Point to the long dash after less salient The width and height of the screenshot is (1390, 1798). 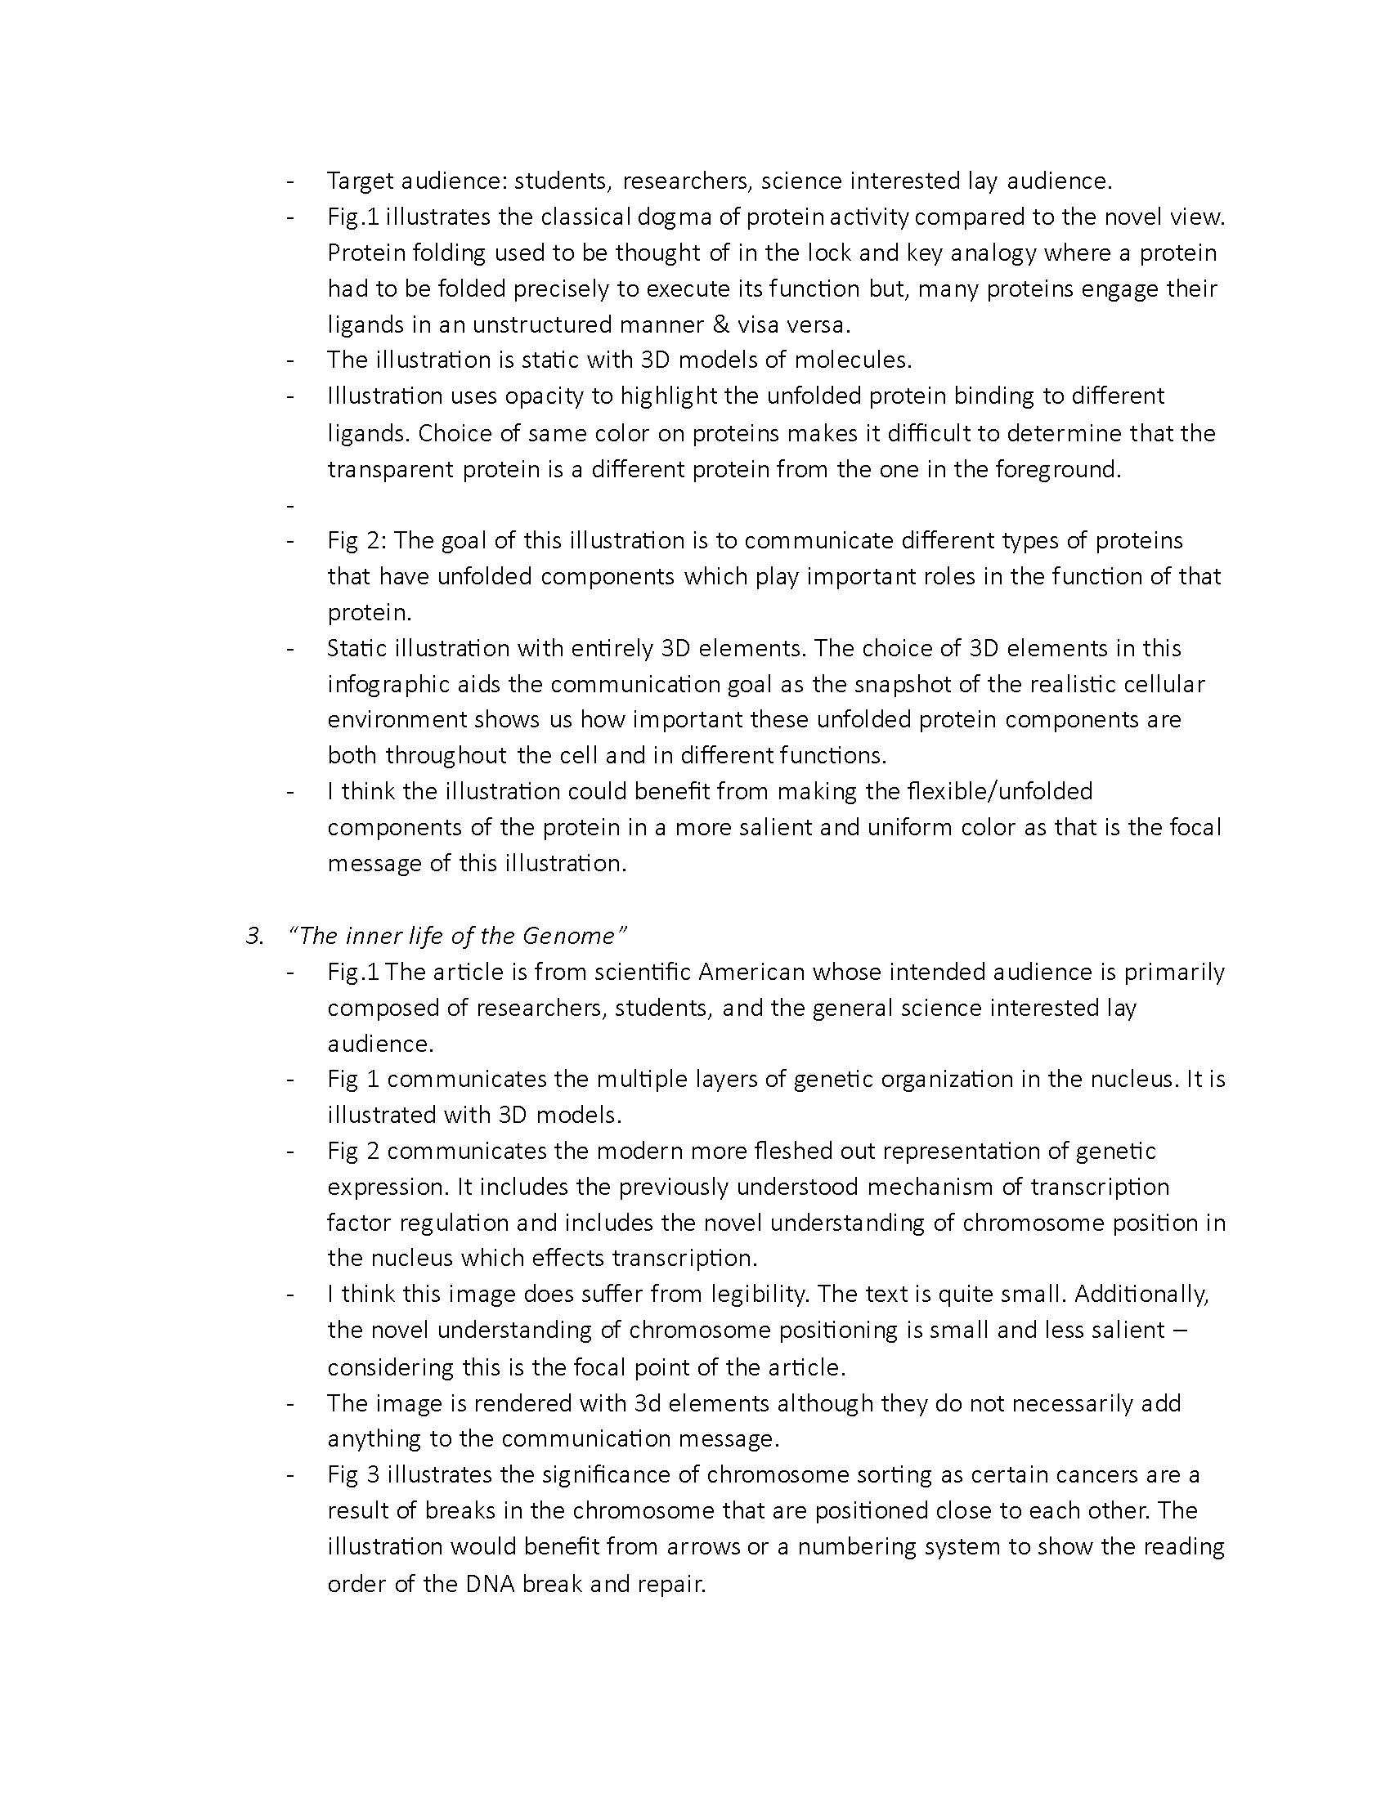pyautogui.click(x=1178, y=1331)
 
